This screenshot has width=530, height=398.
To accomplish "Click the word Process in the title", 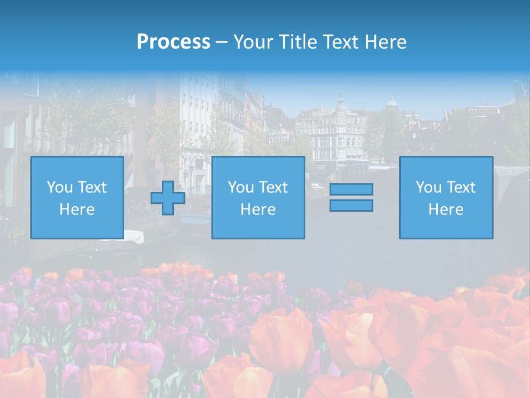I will [173, 42].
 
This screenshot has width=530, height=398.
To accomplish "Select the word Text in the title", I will [339, 42].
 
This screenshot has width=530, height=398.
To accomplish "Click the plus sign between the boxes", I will [168, 198].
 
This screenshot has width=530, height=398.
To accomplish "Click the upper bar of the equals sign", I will [351, 189].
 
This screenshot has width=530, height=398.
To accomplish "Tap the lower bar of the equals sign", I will [351, 205].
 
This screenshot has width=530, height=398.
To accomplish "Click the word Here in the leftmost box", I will [77, 210].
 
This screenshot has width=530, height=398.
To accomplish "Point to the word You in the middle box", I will [241, 187].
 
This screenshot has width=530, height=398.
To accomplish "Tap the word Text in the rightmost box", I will [461, 187].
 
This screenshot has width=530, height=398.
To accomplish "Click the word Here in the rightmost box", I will [446, 210].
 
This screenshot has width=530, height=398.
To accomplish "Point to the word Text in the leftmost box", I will [92, 187].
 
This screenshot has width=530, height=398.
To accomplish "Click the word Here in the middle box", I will [258, 210].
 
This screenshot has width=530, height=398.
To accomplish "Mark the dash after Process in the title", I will [221, 43].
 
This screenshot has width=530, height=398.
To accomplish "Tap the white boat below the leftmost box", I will [133, 236].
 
